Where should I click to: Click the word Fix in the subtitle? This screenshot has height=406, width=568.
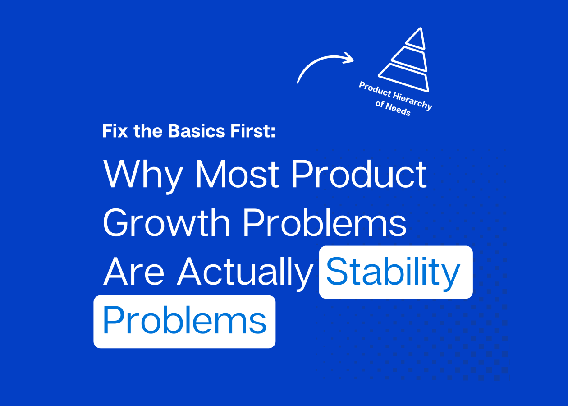115,131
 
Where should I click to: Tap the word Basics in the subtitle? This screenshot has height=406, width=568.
197,131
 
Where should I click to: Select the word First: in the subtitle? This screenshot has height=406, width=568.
253,131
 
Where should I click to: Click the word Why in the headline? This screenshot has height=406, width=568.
143,176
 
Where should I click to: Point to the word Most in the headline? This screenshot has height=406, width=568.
238,174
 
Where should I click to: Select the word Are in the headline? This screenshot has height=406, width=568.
133,272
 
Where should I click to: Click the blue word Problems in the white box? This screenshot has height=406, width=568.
185,320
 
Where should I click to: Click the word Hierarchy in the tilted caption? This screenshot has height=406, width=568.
412,101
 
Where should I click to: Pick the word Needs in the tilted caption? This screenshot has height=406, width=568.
398,109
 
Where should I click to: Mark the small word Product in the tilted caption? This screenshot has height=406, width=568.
375,89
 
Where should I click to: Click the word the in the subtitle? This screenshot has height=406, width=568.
148,131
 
